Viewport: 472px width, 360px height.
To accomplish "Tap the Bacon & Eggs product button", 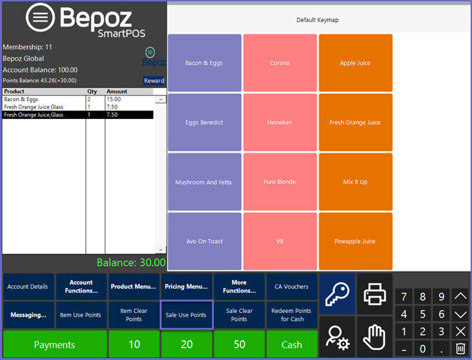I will [x=204, y=63].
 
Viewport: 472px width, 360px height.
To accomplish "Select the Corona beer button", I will [x=279, y=63].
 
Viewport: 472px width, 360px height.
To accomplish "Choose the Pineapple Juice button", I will [x=355, y=241].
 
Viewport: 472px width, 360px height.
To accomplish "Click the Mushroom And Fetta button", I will [x=204, y=182].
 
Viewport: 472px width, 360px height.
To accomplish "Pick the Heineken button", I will [x=279, y=123].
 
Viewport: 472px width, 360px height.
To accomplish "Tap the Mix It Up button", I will [x=355, y=182].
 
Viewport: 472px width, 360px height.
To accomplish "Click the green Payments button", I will [x=54, y=345].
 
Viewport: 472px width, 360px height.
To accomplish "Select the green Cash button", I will [x=292, y=345].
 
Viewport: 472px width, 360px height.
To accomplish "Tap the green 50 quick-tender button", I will [x=239, y=345].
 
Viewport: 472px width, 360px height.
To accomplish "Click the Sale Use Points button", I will [x=186, y=315].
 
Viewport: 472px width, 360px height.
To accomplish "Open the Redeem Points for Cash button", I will [x=292, y=315].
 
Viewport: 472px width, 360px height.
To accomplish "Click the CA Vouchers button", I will [x=292, y=287].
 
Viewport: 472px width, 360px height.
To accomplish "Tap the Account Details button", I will [x=28, y=287].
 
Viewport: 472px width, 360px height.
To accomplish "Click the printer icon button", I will [x=374, y=293].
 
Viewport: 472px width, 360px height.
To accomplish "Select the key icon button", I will [x=337, y=293].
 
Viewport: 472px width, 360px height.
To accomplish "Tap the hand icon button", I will [x=374, y=336].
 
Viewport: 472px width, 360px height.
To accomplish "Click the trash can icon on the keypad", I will [x=461, y=349].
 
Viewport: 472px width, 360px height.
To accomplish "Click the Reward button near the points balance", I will [x=154, y=81].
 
